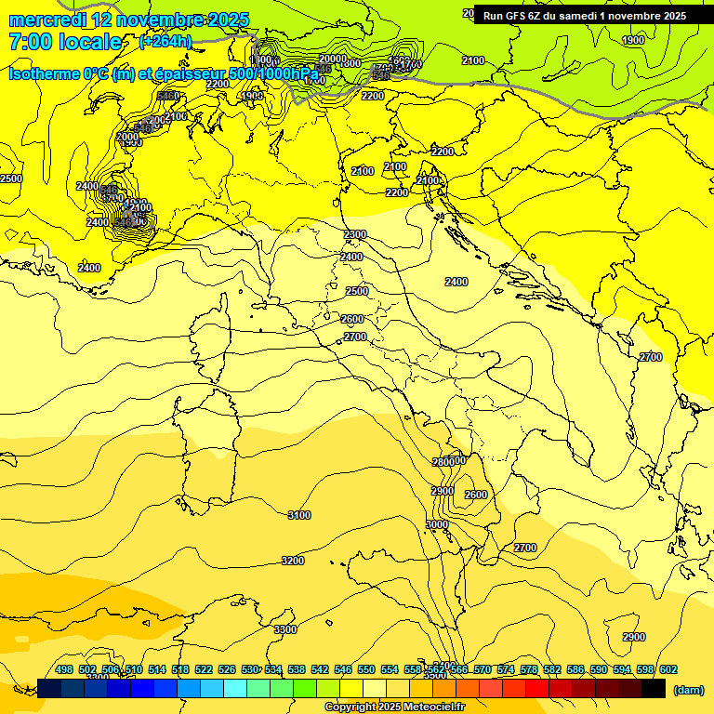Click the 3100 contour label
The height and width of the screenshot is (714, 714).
point(299,515)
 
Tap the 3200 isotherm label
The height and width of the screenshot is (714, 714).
point(293,561)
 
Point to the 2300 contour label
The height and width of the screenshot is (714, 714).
point(354,234)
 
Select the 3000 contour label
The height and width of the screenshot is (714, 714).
point(437,524)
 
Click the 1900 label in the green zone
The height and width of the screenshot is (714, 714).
point(633,40)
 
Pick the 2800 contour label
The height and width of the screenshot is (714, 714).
point(443,462)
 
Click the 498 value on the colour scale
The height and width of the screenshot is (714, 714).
point(64,669)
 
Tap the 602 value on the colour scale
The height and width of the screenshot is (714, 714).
point(668,669)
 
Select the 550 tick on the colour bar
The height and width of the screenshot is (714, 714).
point(366,669)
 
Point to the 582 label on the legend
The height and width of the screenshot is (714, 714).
point(552,669)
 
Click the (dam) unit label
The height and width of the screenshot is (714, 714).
point(688,690)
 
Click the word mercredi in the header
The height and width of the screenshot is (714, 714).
point(43,20)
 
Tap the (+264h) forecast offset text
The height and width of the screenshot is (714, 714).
point(165,41)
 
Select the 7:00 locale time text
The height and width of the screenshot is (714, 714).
point(65,42)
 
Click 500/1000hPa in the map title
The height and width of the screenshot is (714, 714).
point(273,73)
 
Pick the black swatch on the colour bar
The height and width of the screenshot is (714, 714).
point(654,689)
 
